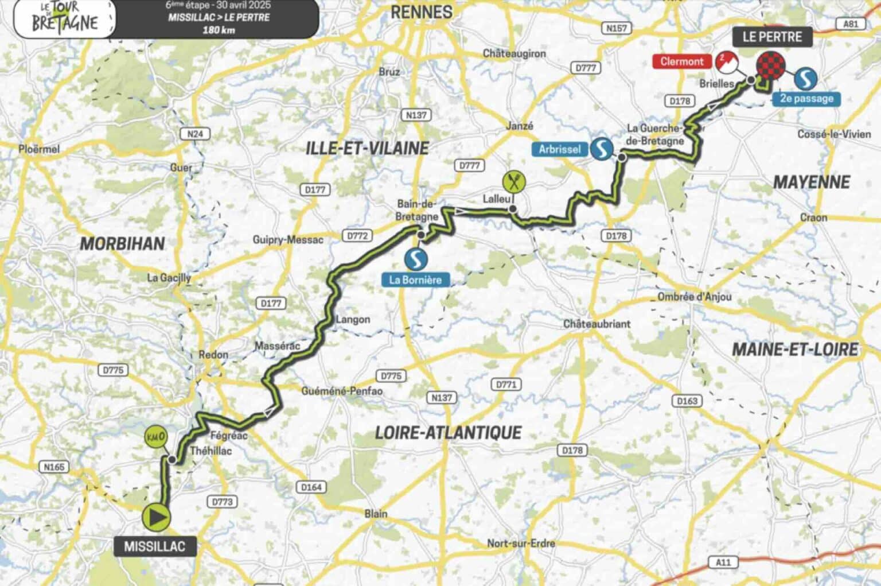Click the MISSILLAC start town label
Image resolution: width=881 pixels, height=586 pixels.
[x=155, y=546]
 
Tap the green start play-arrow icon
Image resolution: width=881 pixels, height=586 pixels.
[x=157, y=517]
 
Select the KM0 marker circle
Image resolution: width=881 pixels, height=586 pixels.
[x=155, y=437]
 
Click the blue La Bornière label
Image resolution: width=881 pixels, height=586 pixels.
[x=415, y=280]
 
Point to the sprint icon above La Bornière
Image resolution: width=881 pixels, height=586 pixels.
[x=416, y=259]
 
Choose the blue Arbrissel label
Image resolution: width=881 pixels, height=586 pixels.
[x=560, y=149]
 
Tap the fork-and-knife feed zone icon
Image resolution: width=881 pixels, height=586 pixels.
[x=514, y=182]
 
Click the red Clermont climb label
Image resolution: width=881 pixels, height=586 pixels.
[x=681, y=61]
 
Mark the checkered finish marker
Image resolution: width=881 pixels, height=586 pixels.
[x=770, y=65]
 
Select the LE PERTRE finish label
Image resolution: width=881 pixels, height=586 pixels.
[x=772, y=37]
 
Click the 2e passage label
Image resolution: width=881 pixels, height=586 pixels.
[x=806, y=99]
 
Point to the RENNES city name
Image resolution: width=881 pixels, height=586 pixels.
[x=422, y=12]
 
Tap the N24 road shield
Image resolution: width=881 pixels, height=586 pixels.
[x=195, y=134]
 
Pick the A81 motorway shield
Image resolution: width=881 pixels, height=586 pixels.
[x=851, y=24]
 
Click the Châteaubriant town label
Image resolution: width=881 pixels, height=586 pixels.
[x=597, y=324]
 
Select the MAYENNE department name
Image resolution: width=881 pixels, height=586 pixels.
[x=812, y=183]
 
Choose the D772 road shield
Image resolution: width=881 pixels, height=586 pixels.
[x=357, y=235]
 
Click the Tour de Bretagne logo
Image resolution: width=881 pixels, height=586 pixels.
[x=64, y=17]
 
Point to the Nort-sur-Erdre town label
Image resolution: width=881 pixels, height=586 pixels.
[x=521, y=543]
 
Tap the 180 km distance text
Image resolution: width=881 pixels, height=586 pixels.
[x=219, y=30]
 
